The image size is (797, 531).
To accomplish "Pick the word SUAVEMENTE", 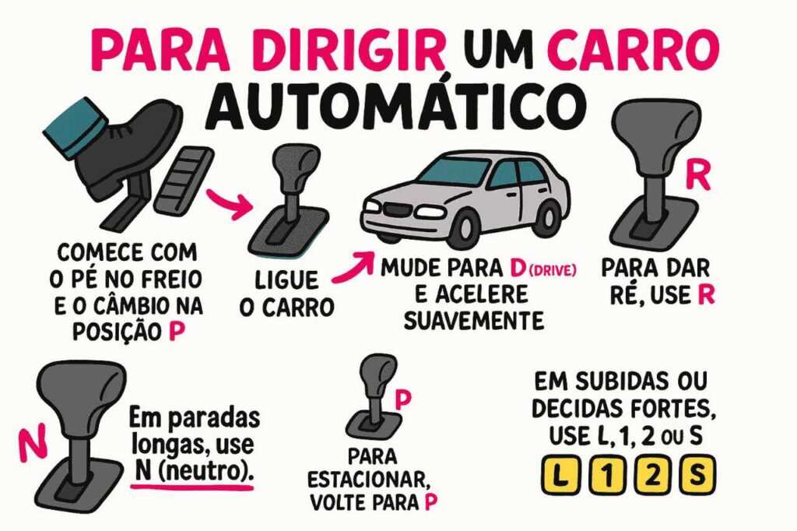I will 463,319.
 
